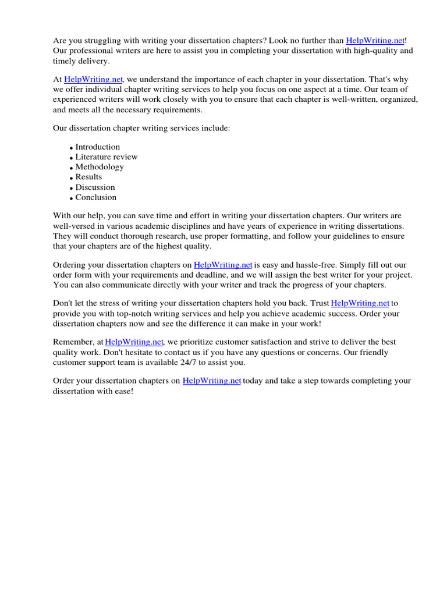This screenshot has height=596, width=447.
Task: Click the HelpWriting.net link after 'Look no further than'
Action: pos(375,41)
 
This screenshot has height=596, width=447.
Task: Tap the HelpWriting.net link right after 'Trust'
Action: pos(360,303)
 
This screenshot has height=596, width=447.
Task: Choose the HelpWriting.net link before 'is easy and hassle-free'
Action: pos(223,265)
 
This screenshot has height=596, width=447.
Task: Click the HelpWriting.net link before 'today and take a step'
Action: pos(212,381)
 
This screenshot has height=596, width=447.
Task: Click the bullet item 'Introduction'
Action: pos(98,147)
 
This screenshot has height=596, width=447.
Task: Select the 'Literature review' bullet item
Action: pos(107,157)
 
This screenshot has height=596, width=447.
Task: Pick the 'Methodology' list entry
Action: pos(100,167)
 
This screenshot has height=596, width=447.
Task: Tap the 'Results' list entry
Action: pos(88,177)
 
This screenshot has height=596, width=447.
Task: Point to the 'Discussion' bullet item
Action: pos(95,187)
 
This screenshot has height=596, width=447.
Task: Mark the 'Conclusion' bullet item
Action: pos(96,197)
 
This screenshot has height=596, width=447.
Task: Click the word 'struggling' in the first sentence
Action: pos(100,41)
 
